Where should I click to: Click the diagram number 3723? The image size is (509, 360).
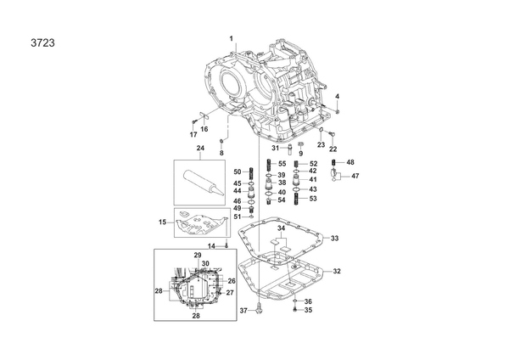coord(43,43)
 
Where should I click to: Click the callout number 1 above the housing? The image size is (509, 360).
coord(232,39)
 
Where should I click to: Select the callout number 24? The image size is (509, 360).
coord(200,148)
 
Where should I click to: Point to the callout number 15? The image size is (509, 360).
coord(162,222)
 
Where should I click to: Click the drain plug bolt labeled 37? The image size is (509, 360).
coord(259,309)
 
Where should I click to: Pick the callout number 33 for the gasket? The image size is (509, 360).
coord(335,238)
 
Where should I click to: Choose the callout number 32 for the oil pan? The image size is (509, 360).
coord(337,271)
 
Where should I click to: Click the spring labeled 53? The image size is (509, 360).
coord(296,199)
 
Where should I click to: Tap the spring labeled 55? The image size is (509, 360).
coord(269,165)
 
